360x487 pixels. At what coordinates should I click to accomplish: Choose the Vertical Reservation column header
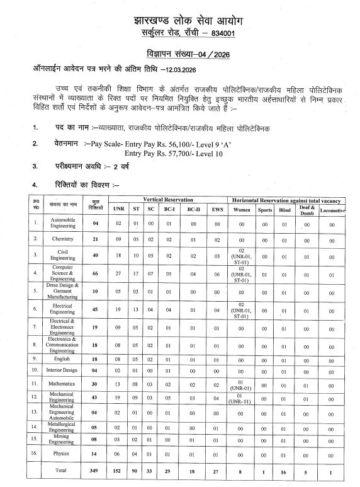pos(167,198)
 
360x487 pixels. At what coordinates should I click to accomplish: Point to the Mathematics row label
pos(63,383)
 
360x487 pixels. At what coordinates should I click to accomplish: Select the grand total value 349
pos(96,469)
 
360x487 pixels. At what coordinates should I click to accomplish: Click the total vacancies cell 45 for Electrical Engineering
pos(96,309)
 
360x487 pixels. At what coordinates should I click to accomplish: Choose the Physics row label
pos(63,452)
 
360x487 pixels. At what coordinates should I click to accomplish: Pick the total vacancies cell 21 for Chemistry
pos(96,239)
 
